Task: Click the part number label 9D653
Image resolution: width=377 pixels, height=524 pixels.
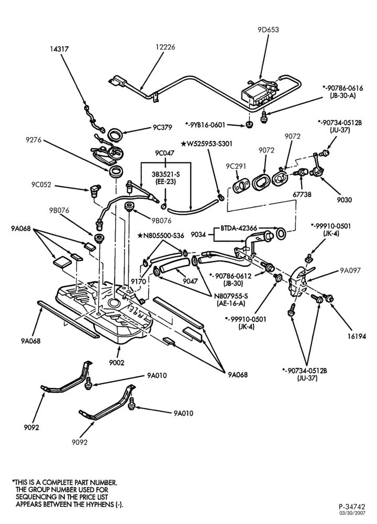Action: [x=268, y=30]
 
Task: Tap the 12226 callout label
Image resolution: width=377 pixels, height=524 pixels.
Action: [x=165, y=47]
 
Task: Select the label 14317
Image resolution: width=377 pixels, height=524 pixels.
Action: [x=59, y=49]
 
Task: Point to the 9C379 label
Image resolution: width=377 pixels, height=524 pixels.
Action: [x=162, y=127]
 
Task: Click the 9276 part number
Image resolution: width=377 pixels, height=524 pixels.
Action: [x=34, y=140]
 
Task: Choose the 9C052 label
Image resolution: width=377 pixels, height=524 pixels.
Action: [x=41, y=185]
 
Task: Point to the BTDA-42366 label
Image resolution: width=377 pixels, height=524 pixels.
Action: [x=239, y=228]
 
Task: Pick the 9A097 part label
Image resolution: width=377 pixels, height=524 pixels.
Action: [x=350, y=271]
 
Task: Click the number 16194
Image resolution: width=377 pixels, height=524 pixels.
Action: [x=356, y=336]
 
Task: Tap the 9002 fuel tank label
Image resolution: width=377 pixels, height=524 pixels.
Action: [x=116, y=363]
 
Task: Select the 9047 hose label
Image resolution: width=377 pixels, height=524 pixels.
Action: [x=191, y=281]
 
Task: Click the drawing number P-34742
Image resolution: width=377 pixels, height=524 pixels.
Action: [x=352, y=507]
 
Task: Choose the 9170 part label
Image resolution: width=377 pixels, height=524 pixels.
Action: [x=139, y=282]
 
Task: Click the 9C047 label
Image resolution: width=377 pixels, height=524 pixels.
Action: [x=164, y=154]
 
